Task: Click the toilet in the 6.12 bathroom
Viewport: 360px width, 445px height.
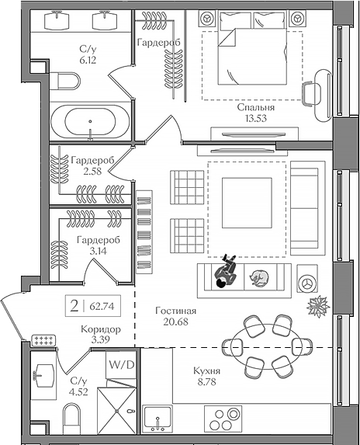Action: [66, 81]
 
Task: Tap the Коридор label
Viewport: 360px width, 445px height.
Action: [101, 329]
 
